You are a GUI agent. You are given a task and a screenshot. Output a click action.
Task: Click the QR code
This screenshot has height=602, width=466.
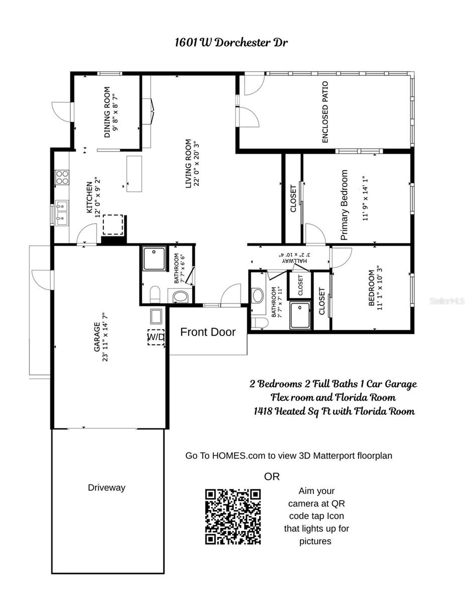pos(232,517)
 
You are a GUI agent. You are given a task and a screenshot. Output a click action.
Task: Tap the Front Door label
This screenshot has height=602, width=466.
pos(207,332)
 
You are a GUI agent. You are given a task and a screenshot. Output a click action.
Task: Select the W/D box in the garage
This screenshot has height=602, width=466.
pos(156,337)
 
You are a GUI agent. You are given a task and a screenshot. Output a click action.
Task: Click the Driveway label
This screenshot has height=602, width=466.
pos(106,488)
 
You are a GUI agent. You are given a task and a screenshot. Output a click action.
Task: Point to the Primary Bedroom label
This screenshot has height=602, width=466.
pos(344,205)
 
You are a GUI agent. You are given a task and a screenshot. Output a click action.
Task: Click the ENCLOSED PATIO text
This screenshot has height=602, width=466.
pos(325,112)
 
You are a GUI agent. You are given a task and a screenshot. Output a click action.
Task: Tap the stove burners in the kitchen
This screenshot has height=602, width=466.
pos(62,177)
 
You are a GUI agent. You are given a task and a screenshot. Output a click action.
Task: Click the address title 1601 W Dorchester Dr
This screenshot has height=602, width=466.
pos(231,42)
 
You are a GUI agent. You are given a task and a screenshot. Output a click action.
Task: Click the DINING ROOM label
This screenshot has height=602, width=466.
pos(107,112)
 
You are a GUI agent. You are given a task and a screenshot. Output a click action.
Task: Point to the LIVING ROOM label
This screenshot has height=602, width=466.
pos(189,164)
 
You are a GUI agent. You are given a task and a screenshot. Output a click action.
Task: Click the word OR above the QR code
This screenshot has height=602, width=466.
pos(272,477)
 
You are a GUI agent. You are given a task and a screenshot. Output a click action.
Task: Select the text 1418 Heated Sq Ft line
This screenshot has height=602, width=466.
pos(334,411)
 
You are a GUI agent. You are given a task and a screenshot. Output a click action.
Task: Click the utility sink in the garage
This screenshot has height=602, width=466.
pos(156,316)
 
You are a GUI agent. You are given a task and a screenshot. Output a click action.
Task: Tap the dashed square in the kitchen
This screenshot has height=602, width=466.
pos(113,224)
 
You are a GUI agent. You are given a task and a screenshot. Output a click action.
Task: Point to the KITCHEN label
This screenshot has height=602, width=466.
pos(89,197)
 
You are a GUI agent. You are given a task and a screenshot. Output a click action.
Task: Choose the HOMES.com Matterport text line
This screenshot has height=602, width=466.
pos(289,456)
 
